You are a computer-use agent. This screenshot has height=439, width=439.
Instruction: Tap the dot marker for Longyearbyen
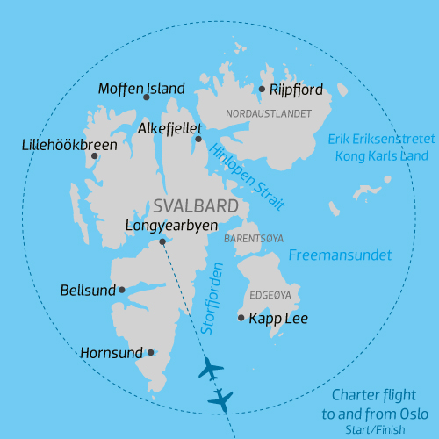162,241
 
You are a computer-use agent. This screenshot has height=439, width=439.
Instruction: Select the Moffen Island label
141,89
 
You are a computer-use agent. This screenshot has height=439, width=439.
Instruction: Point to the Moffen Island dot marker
147,97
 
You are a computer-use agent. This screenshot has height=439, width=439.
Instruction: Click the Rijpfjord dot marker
262,89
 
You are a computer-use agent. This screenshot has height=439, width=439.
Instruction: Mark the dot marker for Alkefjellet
198,139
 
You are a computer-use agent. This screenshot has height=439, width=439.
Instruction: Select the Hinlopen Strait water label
248,175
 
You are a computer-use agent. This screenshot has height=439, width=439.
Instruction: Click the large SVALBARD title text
196,206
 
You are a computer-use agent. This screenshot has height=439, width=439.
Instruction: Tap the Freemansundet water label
341,255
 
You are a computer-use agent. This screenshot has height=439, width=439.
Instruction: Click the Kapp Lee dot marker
241,318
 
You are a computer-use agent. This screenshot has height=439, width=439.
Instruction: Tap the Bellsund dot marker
122,290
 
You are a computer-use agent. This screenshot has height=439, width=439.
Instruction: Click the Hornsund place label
111,353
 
